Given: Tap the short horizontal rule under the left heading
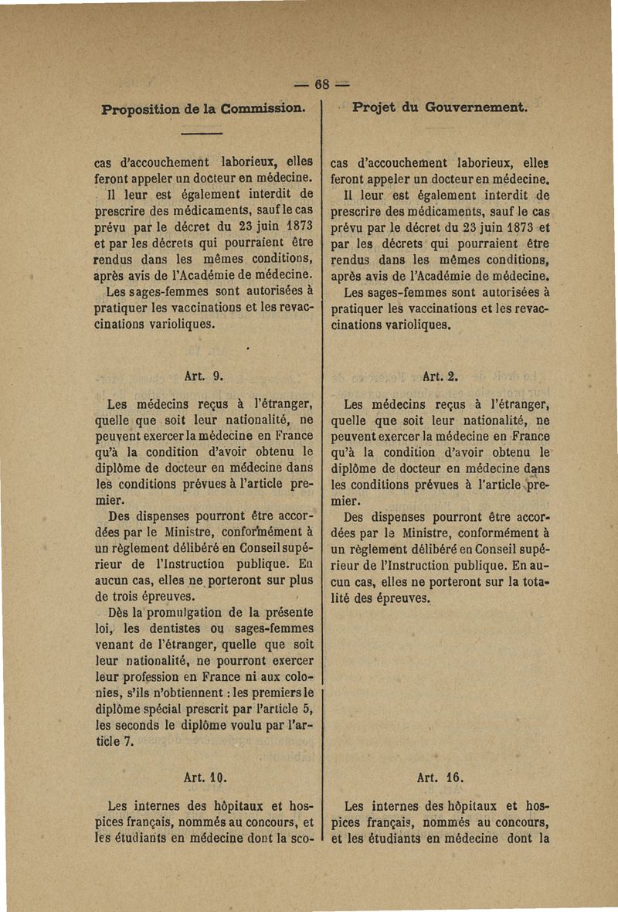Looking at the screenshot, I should click(202, 134).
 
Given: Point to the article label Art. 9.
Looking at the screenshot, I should click(204, 377).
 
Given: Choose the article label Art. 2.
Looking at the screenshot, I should click(441, 377).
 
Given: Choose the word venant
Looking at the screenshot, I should click(127, 644).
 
